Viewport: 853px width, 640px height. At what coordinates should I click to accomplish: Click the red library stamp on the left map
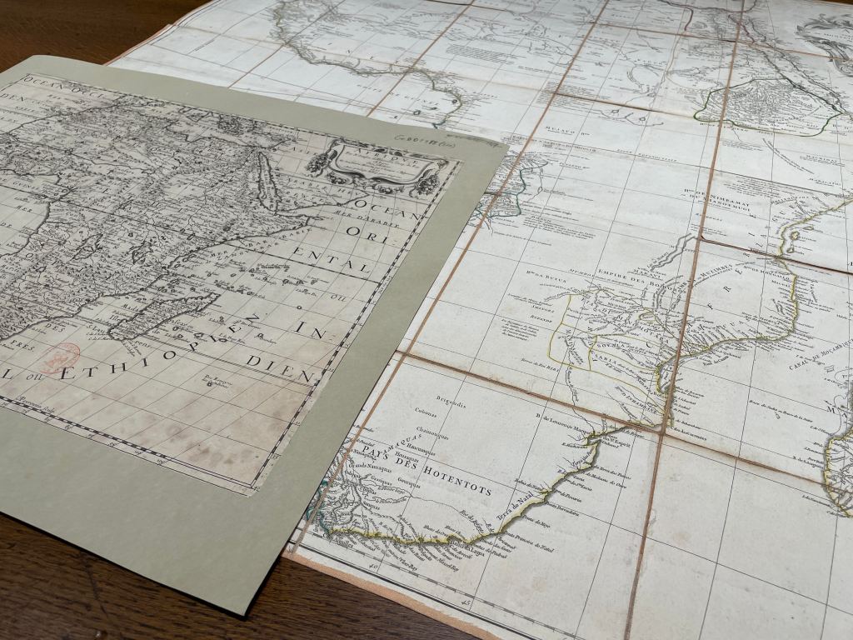pos(60,358)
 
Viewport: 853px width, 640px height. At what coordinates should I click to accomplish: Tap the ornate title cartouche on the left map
pos(375,165)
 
